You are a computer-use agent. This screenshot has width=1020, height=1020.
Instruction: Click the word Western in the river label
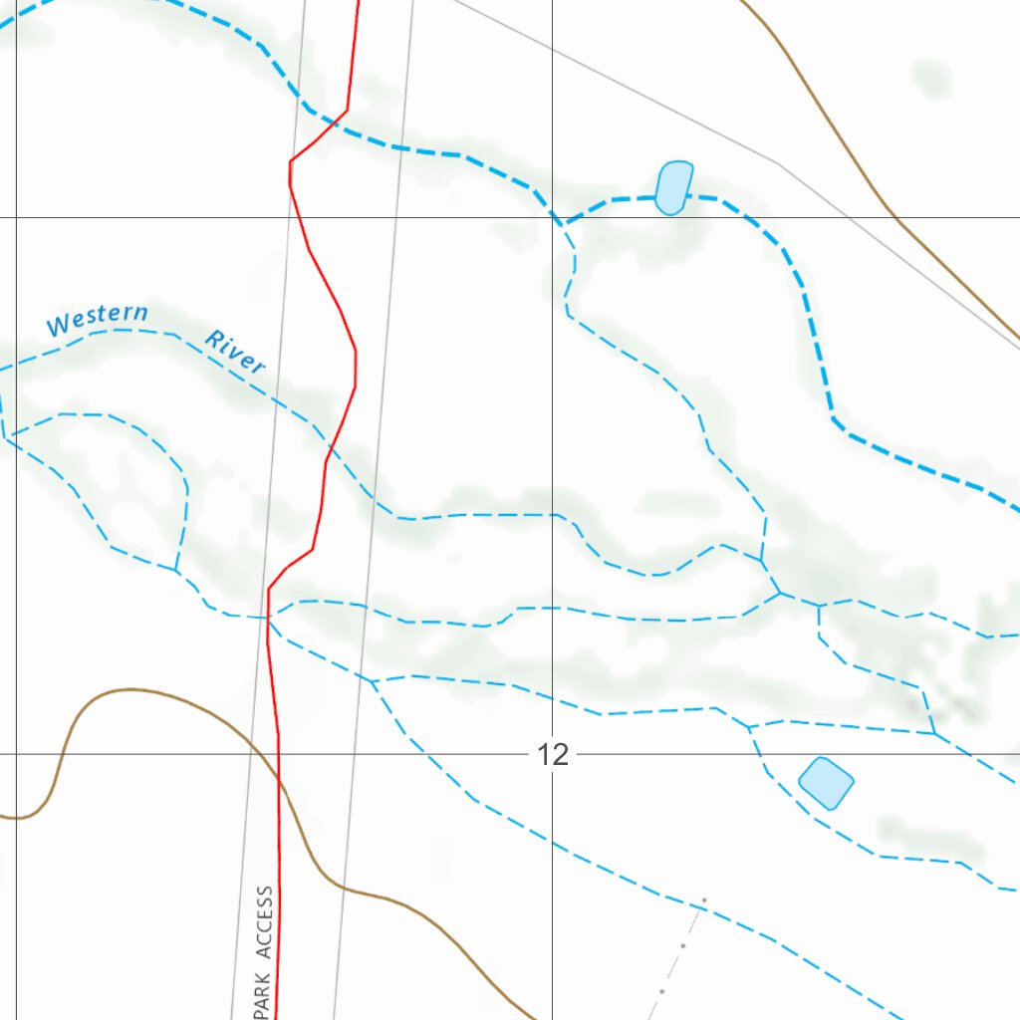click(97, 319)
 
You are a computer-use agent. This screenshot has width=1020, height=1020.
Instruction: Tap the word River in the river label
click(236, 352)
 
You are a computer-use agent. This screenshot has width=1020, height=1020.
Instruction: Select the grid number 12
click(553, 754)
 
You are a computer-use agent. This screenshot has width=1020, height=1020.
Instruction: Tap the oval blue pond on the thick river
click(673, 187)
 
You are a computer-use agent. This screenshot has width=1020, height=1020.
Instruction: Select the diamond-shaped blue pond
click(826, 782)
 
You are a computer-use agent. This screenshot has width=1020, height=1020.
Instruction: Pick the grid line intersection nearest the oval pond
click(553, 217)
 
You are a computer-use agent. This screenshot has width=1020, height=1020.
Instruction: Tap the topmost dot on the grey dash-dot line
click(704, 900)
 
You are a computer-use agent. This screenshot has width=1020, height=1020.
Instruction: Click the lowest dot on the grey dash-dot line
click(661, 991)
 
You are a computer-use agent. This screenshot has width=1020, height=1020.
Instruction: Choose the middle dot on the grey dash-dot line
click(683, 946)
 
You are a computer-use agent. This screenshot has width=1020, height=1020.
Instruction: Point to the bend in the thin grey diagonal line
click(778, 162)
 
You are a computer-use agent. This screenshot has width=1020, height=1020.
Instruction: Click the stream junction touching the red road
click(268, 618)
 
